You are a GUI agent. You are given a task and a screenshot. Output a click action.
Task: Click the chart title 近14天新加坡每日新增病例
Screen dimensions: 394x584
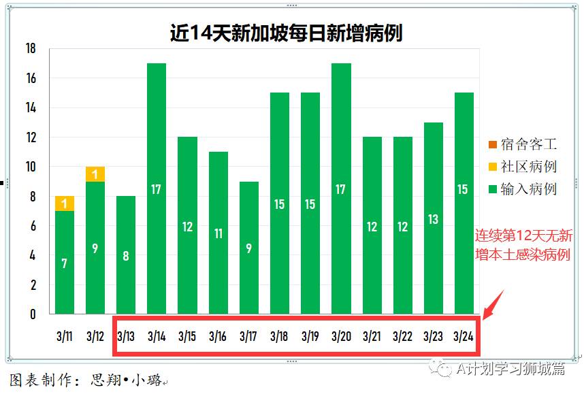coord(286,33)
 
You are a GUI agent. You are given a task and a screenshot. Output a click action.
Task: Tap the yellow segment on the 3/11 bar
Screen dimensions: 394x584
coord(65,203)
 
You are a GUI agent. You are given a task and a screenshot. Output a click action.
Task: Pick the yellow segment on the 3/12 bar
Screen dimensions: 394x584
coord(95,174)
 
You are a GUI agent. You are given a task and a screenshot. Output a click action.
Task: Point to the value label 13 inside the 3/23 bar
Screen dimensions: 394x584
coord(433,219)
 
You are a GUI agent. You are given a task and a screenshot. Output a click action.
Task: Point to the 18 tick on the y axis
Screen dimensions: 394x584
coord(30,49)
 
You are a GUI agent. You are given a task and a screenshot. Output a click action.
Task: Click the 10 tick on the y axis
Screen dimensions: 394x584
coord(30,167)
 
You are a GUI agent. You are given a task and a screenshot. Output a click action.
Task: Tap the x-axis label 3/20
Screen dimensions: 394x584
coord(341,336)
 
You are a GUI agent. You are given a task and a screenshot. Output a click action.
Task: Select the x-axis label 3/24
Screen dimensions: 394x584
coord(464,336)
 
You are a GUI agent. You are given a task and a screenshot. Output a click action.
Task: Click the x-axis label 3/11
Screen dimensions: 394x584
coord(65,336)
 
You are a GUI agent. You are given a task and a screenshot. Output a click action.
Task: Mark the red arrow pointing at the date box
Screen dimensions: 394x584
coord(493,304)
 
